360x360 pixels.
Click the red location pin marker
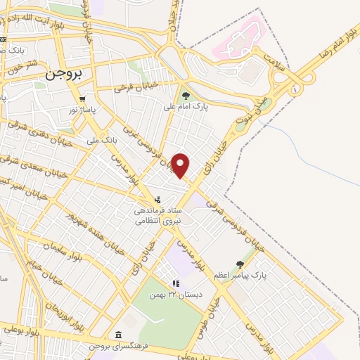[181, 165]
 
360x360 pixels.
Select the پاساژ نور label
[83, 110]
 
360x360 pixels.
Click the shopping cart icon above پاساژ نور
[83, 99]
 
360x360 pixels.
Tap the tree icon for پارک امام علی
[186, 96]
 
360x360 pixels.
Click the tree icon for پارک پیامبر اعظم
[250, 264]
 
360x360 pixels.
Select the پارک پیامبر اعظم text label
[261, 277]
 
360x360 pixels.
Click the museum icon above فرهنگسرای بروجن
[117, 335]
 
